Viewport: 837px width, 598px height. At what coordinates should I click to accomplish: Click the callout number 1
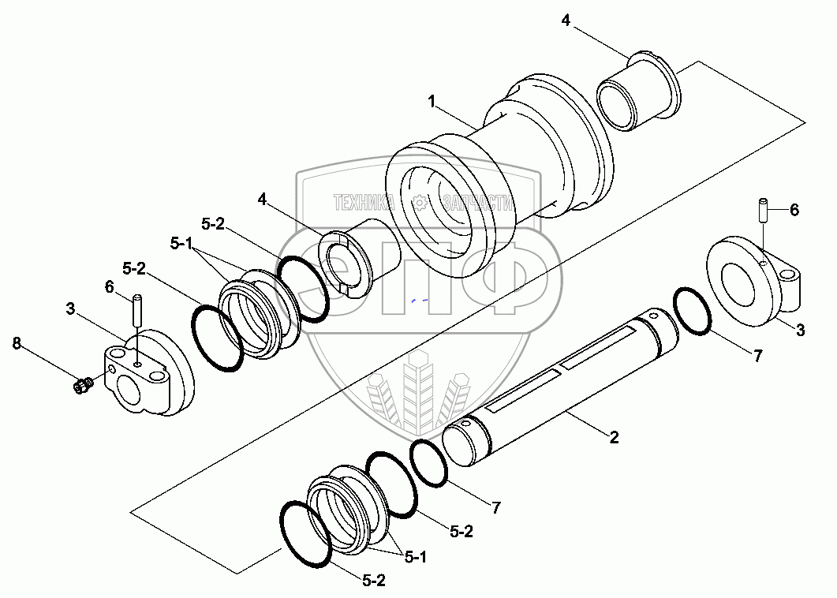pos(432,101)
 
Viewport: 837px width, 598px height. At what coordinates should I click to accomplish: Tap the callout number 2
pos(614,437)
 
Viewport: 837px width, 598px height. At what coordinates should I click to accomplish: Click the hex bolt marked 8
pos(80,386)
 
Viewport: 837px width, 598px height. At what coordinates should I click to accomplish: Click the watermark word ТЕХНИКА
pos(364,202)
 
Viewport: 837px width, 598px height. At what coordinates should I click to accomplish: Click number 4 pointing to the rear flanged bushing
pos(566,20)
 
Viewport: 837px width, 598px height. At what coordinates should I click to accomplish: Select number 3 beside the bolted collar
pos(70,310)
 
